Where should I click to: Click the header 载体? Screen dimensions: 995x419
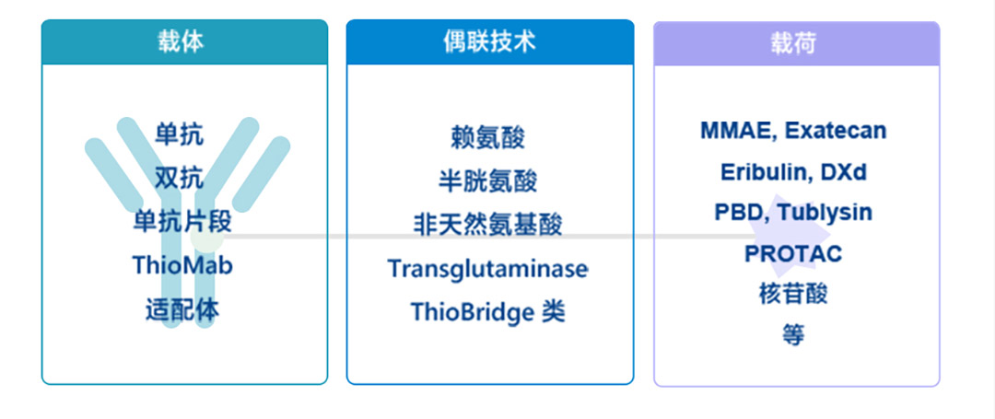click(181, 41)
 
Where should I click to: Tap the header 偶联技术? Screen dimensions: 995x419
click(489, 41)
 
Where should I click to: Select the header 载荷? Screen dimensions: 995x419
click(794, 43)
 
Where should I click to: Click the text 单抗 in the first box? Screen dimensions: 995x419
click(180, 134)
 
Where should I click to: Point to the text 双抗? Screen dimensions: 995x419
click(180, 178)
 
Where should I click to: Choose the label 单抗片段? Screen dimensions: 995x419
click(182, 222)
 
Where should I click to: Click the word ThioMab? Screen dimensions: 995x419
click(182, 265)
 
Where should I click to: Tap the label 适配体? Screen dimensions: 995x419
click(182, 310)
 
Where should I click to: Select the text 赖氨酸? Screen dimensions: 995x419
click(488, 137)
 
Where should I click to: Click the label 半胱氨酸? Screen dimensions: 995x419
click(488, 180)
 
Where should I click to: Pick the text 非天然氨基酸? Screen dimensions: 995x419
click(488, 225)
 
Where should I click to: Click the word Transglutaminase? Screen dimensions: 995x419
click(488, 269)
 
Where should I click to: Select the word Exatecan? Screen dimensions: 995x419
click(835, 131)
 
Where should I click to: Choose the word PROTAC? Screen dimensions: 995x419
click(793, 253)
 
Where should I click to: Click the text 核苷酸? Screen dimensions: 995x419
click(793, 294)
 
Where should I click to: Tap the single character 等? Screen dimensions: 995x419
click(793, 334)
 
